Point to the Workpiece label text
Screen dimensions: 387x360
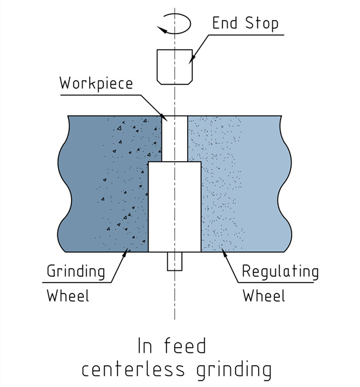95,84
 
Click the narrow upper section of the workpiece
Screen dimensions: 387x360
174,139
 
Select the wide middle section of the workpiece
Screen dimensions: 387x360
174,206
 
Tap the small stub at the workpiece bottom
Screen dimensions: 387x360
174,261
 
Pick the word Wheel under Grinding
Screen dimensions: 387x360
68,296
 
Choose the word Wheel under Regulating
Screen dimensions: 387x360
263,296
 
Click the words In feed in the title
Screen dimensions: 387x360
172,346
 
